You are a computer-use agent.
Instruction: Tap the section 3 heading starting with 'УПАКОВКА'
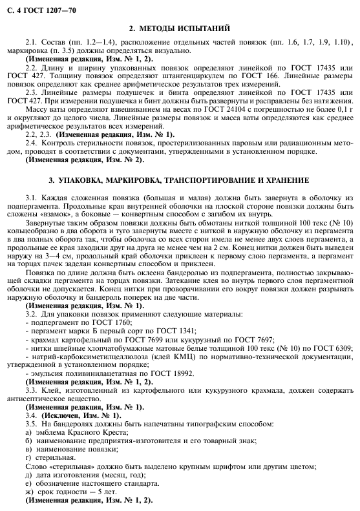point(180,179)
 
